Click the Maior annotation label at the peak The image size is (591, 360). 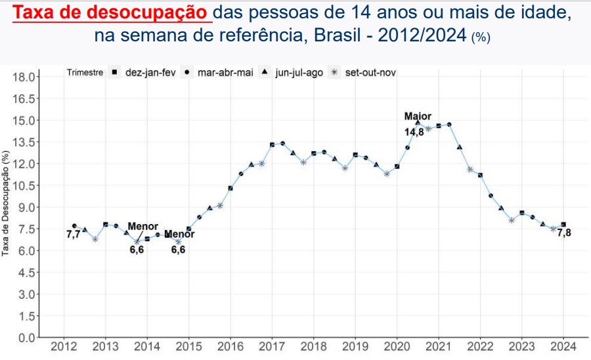point(418,116)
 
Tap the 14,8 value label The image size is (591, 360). point(414,132)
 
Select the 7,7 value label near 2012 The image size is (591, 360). point(73,235)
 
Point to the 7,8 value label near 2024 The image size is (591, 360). point(564,233)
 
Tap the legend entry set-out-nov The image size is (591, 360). point(364,72)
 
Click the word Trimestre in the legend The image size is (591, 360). point(85,72)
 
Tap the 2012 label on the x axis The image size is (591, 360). point(64,347)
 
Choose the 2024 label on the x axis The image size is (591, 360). point(563,347)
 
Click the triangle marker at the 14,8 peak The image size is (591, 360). point(418,123)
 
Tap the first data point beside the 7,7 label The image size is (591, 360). point(74,226)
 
